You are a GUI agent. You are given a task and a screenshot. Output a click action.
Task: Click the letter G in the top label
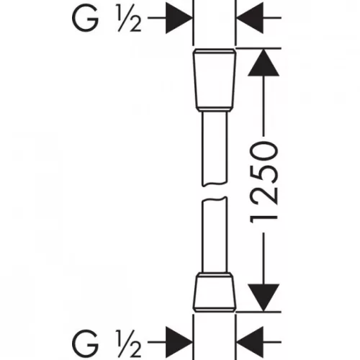85,18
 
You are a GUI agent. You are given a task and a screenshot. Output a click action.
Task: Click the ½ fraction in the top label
129,18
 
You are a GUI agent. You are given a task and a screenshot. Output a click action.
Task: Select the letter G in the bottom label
85,343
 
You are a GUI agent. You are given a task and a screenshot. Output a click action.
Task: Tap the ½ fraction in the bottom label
129,343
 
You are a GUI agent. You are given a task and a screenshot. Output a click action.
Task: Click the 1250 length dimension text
264,183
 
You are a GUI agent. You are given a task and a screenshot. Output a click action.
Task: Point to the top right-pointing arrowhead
179,18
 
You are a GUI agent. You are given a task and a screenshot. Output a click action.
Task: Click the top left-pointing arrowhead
250,18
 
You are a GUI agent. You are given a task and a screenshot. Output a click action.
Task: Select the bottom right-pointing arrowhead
179,342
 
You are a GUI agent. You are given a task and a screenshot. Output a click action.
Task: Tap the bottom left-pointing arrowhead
250,342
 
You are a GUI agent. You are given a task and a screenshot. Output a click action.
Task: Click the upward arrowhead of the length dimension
264,63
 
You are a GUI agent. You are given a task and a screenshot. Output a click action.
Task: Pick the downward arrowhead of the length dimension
264,297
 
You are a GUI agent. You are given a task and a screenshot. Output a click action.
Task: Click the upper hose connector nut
215,80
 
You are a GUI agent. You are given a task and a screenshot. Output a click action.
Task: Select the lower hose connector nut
215,292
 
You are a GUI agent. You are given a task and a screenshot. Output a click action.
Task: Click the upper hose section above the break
215,149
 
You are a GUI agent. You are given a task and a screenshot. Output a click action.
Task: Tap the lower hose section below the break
215,235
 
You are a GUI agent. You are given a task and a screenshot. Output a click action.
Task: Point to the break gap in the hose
215,192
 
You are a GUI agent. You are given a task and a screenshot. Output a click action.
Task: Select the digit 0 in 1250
264,152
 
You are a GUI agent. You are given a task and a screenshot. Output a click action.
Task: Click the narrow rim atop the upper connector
215,51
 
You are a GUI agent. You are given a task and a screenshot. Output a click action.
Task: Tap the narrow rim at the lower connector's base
215,310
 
